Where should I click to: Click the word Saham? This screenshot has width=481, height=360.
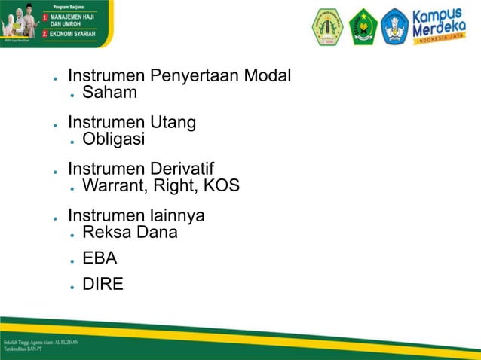(x=110, y=93)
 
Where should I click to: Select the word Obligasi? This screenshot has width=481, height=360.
(x=113, y=139)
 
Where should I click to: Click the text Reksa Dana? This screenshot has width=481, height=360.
(x=130, y=232)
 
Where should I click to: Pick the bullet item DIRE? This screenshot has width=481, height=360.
(x=103, y=285)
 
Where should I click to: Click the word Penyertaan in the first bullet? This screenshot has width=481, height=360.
(x=196, y=77)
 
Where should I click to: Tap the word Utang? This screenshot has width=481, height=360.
(x=173, y=123)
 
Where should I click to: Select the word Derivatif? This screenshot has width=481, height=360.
(x=182, y=169)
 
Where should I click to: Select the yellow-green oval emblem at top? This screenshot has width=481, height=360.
(x=327, y=26)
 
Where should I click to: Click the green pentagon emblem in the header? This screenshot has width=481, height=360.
(x=363, y=26)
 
